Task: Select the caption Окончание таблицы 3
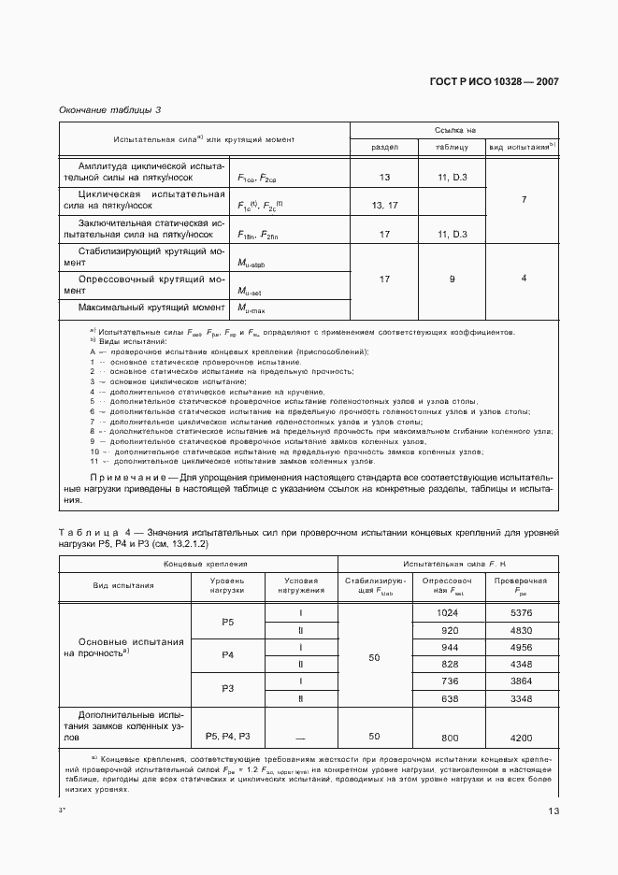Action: coord(110,109)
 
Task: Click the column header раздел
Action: coord(384,147)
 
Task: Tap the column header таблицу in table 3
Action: coord(451,147)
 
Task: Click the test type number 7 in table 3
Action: coord(524,200)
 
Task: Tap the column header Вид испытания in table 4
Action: coord(123,585)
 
